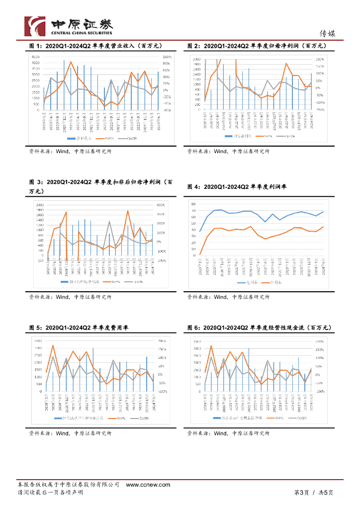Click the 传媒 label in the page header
point(327,34)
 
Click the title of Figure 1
point(96,46)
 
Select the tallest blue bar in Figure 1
point(64,85)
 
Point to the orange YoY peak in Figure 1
point(71,62)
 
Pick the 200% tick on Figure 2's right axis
point(319,59)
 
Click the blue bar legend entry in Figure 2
point(239,135)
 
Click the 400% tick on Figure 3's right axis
point(161,205)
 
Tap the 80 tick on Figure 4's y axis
point(193,203)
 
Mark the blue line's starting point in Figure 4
point(200,231)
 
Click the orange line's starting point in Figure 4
point(200,254)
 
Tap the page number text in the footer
point(313,493)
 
